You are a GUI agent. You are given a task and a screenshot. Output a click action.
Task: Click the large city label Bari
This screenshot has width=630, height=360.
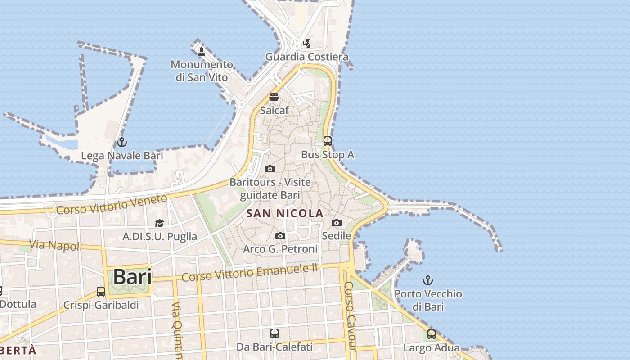(x=132, y=276)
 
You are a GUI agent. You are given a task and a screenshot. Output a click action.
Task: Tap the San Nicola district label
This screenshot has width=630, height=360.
(x=285, y=213)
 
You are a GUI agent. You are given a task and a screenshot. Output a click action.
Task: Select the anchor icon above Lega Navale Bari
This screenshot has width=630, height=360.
(x=121, y=143)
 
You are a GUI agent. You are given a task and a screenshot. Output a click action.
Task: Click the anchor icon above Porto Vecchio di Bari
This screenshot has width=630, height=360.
(x=428, y=281)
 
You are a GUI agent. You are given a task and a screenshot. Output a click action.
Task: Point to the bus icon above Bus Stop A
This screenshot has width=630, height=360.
(x=328, y=141)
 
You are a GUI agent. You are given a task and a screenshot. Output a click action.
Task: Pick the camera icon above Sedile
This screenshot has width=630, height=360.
(x=336, y=223)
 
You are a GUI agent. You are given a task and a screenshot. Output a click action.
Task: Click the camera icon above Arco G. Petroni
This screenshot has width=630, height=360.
(x=280, y=236)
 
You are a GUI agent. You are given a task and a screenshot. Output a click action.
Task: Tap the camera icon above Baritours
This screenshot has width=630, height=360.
(x=270, y=169)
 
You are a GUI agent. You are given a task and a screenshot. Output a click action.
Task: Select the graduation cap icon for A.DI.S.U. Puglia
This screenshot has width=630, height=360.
(x=159, y=223)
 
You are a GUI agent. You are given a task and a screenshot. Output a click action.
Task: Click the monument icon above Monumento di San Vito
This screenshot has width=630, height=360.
(x=202, y=52)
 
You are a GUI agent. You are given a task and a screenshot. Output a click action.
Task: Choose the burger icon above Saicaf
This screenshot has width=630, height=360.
(x=274, y=97)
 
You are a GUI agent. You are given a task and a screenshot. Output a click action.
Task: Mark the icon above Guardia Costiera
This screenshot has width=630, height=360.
(x=306, y=44)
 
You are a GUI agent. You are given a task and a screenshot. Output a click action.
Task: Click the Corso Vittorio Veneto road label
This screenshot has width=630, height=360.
(x=112, y=204)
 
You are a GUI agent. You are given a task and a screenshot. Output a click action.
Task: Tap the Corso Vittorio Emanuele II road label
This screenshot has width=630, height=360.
(x=250, y=273)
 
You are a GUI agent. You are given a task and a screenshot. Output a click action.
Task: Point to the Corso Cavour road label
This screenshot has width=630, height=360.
(x=350, y=315)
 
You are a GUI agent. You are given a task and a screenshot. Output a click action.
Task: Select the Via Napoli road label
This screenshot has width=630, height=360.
(x=56, y=245)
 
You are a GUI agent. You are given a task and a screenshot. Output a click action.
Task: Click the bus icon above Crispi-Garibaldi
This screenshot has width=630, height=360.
(x=101, y=292)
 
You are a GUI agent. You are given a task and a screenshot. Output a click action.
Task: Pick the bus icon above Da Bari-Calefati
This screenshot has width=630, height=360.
(x=274, y=333)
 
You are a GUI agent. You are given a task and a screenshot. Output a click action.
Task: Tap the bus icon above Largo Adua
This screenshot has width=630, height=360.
(x=431, y=334)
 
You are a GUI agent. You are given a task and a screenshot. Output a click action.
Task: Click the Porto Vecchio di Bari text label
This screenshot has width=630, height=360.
(x=428, y=300)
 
